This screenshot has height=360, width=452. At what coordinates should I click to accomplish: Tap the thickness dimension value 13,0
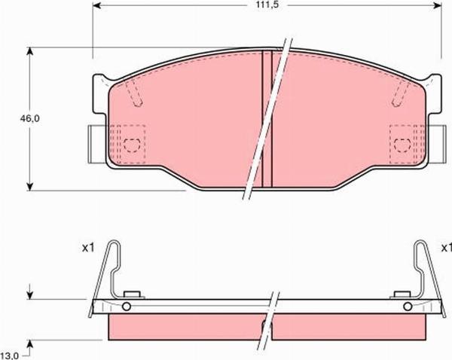tap(10, 354)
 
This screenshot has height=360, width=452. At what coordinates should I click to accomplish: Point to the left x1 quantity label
tap(87, 246)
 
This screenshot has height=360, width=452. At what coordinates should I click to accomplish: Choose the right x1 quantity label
tap(445, 246)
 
